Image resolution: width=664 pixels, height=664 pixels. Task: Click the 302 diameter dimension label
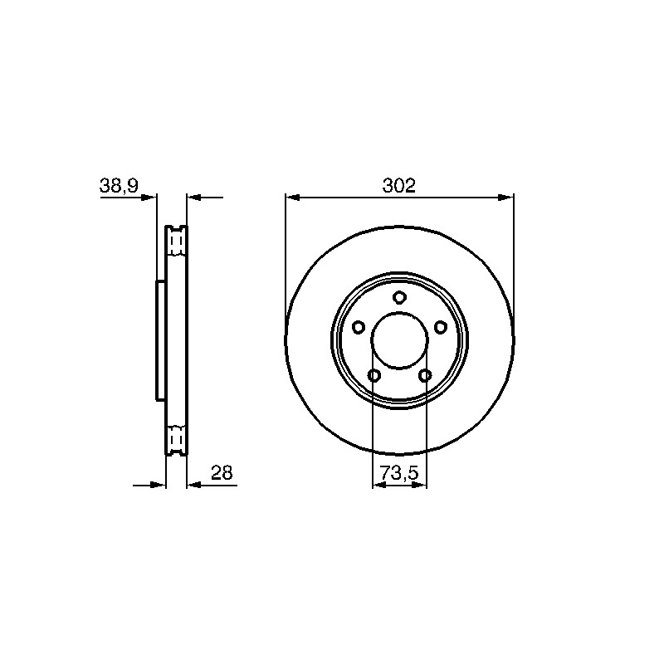(x=399, y=185)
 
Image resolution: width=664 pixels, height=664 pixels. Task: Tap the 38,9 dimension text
(x=119, y=186)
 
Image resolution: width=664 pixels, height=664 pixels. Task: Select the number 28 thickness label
(x=222, y=472)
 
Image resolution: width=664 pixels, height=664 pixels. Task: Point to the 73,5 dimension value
(x=399, y=473)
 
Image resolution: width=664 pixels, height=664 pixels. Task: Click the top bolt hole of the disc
(x=399, y=297)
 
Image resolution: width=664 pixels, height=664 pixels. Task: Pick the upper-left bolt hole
(x=359, y=327)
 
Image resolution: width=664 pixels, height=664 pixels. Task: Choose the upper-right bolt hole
(x=441, y=327)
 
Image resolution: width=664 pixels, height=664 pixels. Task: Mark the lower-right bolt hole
(x=425, y=375)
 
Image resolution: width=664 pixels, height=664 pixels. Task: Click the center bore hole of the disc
(x=399, y=340)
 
